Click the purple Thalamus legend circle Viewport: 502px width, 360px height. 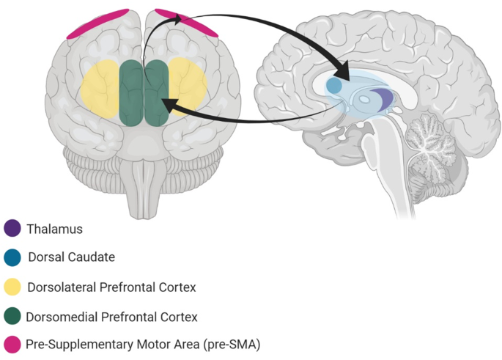pos(12,229)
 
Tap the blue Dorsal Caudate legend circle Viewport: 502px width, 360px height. pos(12,257)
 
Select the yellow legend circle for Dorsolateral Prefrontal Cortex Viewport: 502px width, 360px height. pos(12,287)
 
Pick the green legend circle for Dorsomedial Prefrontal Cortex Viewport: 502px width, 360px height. pos(12,316)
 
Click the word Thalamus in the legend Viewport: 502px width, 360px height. pos(54,229)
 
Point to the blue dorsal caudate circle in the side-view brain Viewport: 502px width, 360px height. pos(334,86)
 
